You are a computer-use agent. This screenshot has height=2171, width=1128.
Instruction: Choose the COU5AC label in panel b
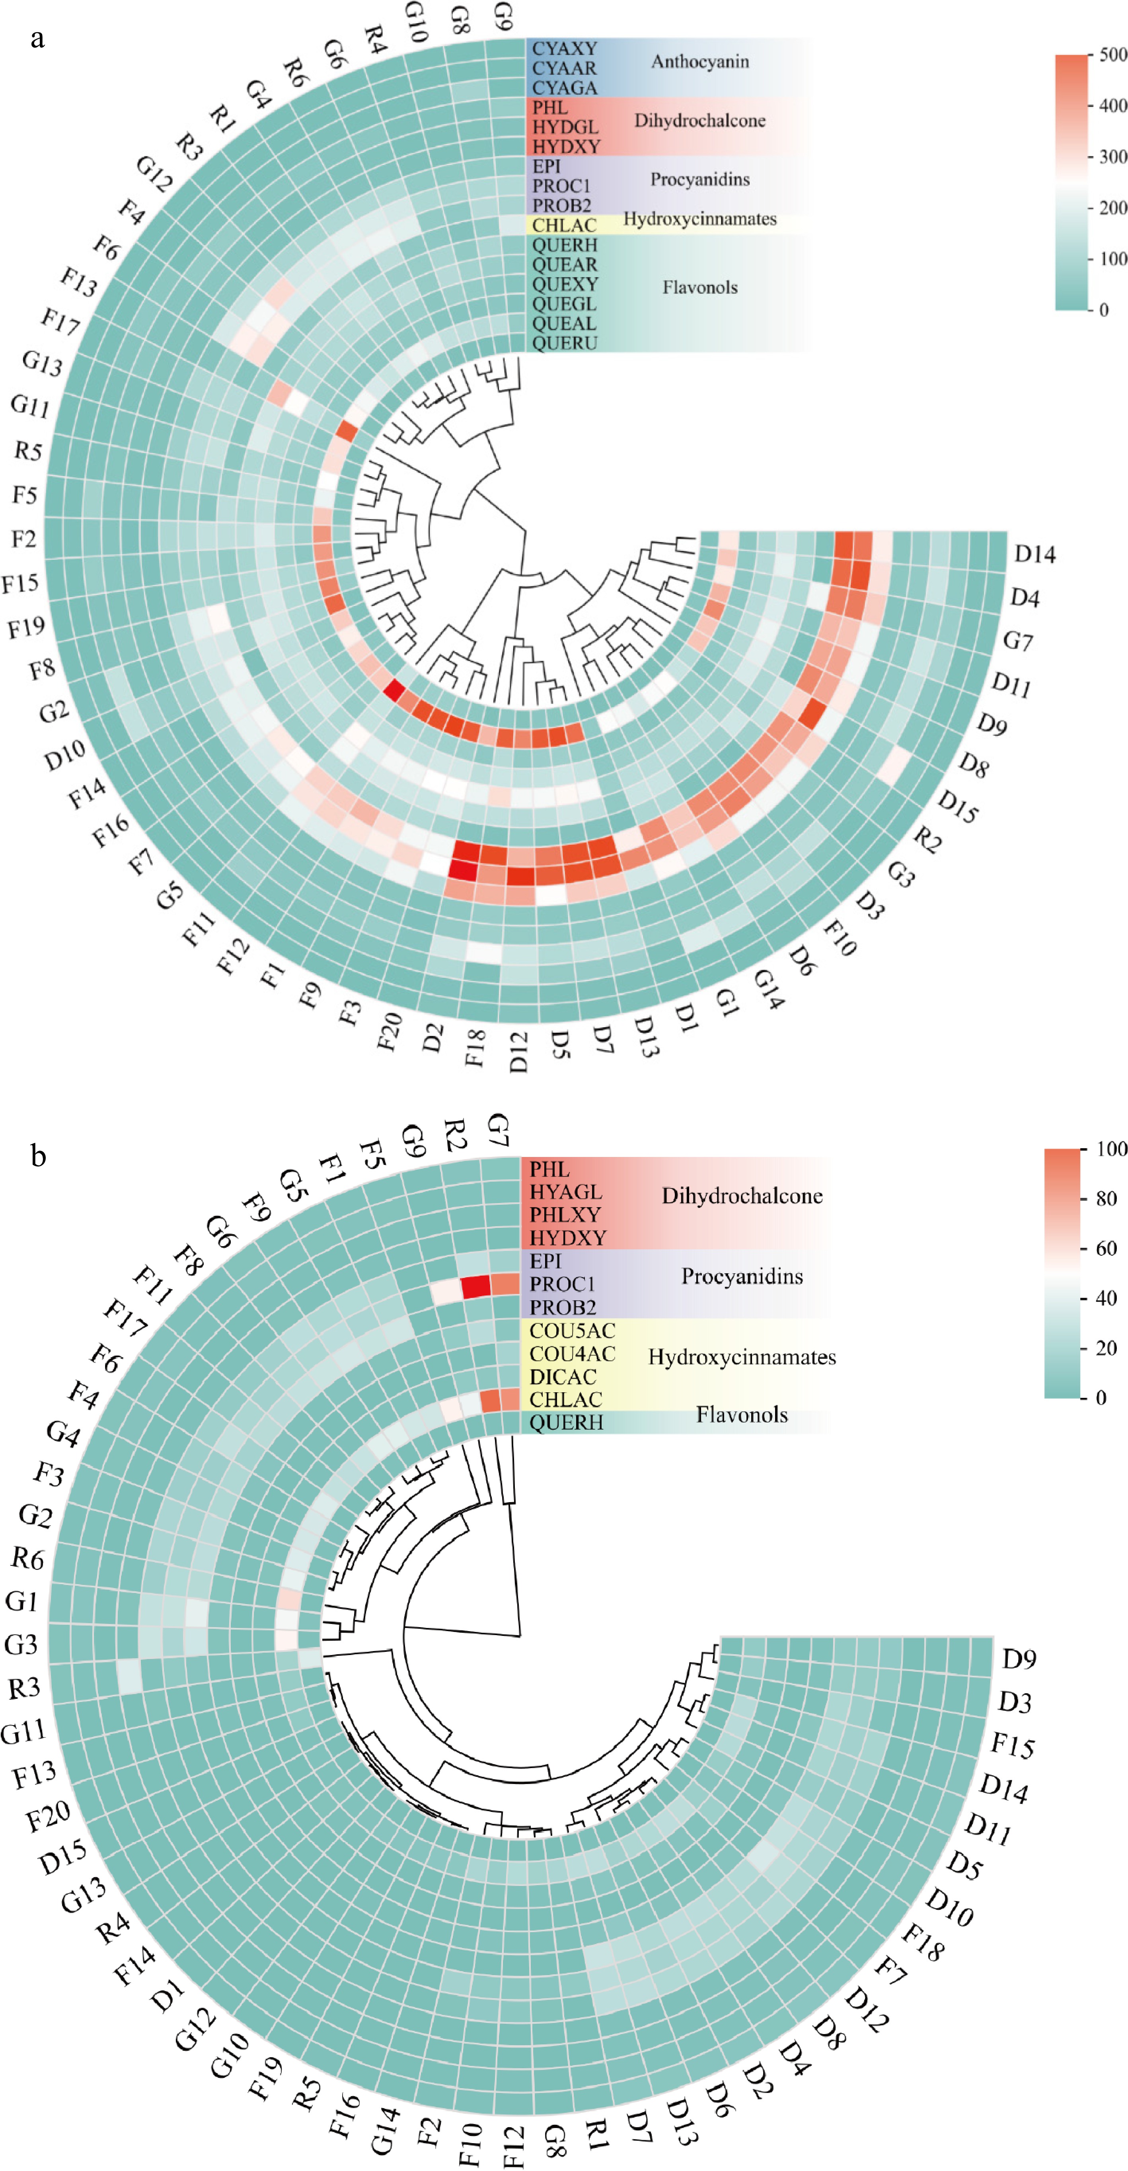click(572, 1331)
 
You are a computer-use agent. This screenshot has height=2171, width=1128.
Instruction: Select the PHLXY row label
click(565, 1214)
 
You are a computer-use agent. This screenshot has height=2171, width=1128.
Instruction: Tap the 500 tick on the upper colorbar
click(1112, 55)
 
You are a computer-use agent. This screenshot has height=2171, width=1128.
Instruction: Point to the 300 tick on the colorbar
click(1112, 157)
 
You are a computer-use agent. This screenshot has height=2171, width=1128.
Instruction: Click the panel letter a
click(37, 39)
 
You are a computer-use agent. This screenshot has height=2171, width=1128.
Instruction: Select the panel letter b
click(38, 1155)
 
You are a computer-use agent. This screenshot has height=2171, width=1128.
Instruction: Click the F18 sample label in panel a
click(475, 1047)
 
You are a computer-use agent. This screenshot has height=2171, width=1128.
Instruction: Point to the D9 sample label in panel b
click(1019, 1659)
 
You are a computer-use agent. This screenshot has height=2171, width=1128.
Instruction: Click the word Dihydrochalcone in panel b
click(741, 1196)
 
